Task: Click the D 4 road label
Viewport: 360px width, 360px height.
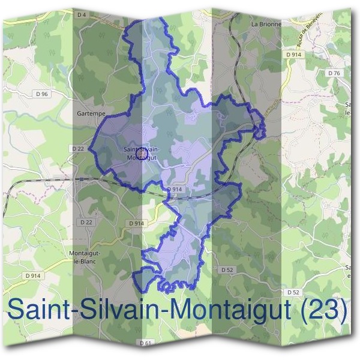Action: [83, 13]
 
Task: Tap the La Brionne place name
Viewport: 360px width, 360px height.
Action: [265, 25]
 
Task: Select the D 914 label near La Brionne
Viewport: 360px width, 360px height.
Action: [293, 55]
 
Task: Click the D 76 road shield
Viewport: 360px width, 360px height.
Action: [334, 73]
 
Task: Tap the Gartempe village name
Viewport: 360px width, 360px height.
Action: [91, 113]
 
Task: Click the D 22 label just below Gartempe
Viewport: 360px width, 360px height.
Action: [78, 148]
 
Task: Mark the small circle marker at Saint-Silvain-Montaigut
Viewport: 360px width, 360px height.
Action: [142, 155]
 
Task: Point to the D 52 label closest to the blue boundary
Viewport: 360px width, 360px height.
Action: [226, 270]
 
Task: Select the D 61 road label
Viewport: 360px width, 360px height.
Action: [145, 343]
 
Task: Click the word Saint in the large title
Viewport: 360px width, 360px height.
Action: [43, 310]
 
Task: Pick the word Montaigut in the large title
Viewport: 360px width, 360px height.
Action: [234, 311]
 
